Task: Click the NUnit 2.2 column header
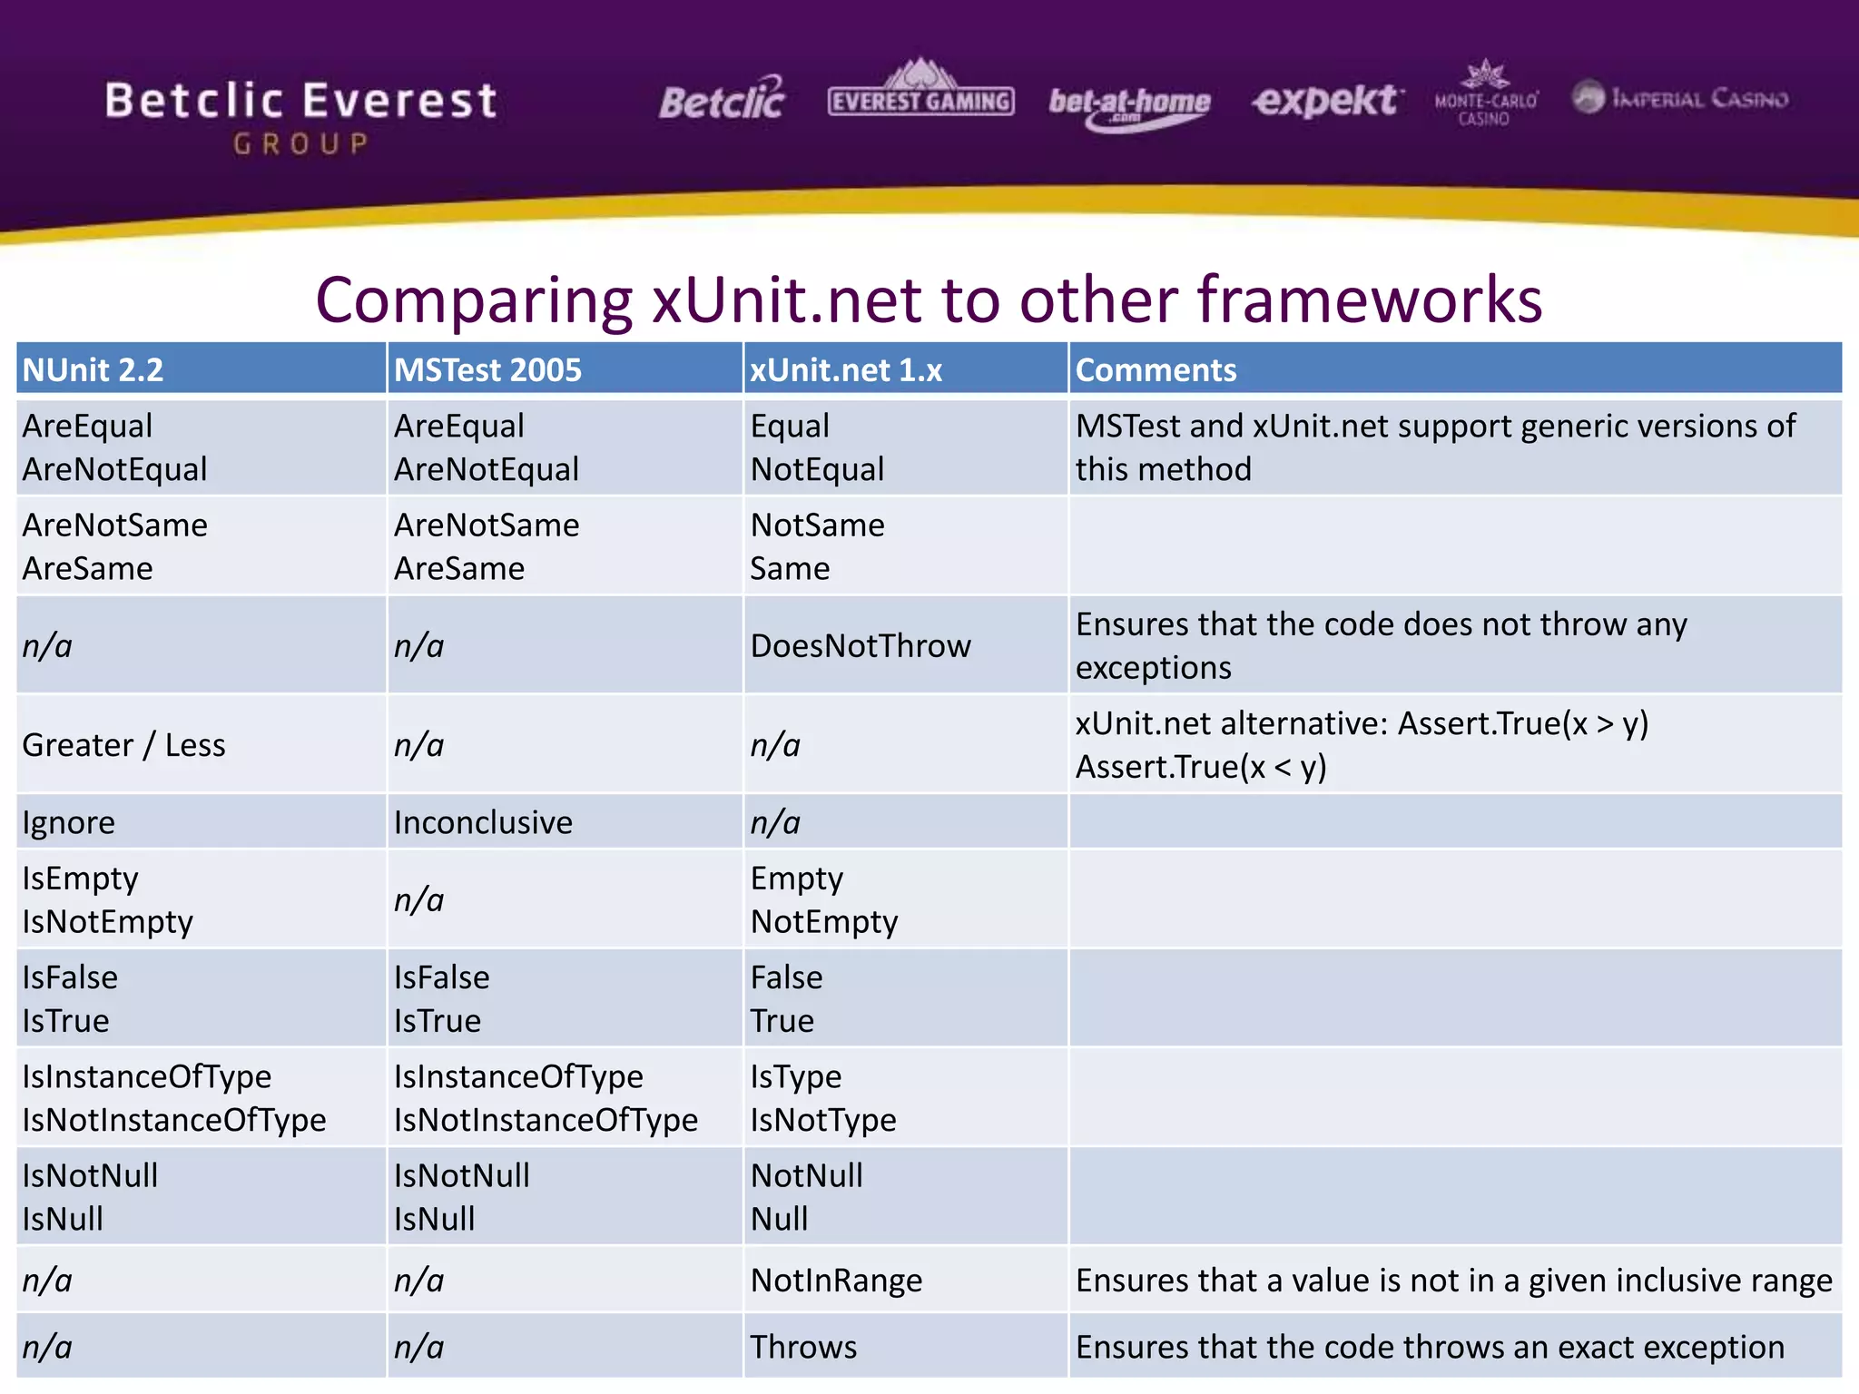click(93, 369)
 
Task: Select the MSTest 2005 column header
click(487, 369)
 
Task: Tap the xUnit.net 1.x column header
click(846, 369)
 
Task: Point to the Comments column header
click(1156, 369)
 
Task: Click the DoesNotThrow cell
click(861, 646)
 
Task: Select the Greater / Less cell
click(124, 745)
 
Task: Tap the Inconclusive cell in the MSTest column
click(483, 822)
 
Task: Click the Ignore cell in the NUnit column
click(69, 822)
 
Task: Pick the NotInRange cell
click(836, 1281)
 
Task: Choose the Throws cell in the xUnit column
click(803, 1347)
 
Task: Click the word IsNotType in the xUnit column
click(823, 1120)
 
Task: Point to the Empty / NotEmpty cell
click(823, 899)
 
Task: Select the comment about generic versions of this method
click(1434, 447)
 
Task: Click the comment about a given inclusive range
click(1453, 1281)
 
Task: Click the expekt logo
click(1327, 100)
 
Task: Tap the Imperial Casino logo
click(1680, 98)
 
